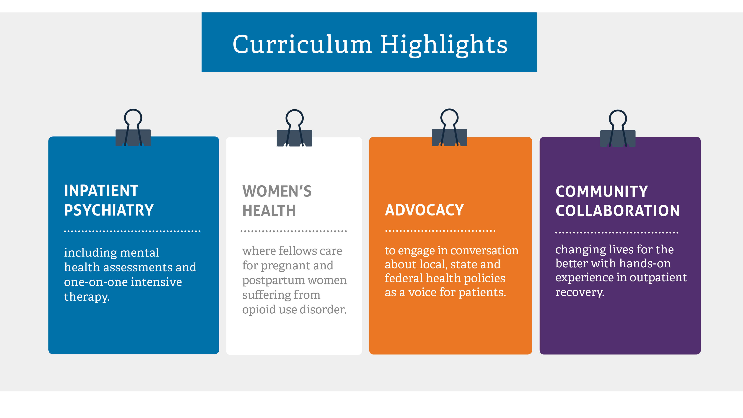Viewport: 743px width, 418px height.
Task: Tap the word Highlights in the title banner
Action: [x=444, y=45]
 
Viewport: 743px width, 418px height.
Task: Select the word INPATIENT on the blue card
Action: [x=101, y=191]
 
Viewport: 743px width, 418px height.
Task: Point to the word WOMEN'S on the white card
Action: [x=277, y=191]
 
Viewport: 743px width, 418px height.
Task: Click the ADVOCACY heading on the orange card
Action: [x=424, y=210]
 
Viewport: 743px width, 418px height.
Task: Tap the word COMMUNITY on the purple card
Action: [x=602, y=192]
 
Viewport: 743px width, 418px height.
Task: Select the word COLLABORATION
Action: [x=618, y=211]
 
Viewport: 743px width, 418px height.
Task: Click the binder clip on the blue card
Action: [x=133, y=130]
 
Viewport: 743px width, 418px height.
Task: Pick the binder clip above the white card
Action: [x=294, y=130]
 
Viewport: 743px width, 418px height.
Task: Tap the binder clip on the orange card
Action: [x=449, y=130]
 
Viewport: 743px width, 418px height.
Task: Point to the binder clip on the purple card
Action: [x=618, y=131]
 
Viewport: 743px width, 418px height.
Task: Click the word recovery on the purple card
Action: [x=580, y=292]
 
